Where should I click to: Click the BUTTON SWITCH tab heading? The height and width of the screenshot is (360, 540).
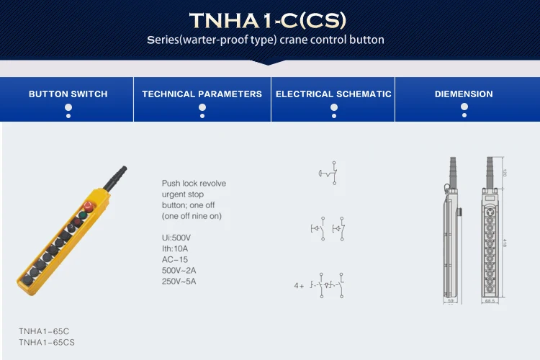68,94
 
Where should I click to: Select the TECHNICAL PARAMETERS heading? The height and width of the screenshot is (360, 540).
202,94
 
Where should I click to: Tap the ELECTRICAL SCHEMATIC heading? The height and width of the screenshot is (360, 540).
333,94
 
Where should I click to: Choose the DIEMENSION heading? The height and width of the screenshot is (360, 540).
464,94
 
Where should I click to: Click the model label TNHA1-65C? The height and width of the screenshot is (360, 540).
44,331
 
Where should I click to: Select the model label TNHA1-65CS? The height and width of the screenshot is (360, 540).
46,343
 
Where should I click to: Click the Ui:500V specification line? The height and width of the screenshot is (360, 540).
176,238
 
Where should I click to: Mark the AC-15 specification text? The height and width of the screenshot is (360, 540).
174,259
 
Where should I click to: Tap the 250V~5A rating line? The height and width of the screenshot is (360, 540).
179,282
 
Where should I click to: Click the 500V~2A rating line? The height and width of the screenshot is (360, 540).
179,271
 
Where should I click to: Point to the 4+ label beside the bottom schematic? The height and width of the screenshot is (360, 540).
299,286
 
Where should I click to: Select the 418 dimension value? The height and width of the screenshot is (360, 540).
505,243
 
